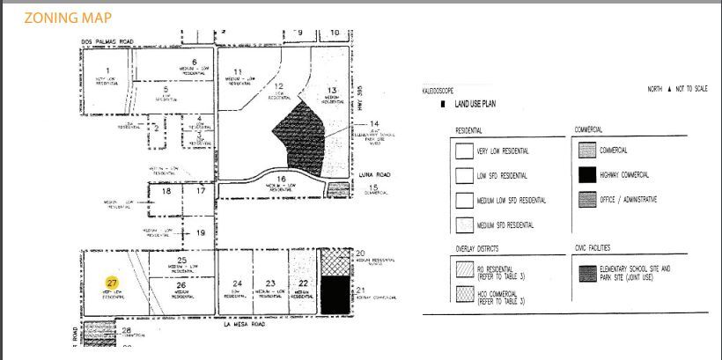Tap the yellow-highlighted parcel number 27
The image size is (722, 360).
coord(113,283)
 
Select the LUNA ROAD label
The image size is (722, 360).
coord(373,175)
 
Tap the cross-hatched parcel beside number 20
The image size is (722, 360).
coord(335,262)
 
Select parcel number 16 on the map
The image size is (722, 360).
coord(282,179)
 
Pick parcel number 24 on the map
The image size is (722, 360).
coord(237,283)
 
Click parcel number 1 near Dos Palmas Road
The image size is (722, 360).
coord(108,70)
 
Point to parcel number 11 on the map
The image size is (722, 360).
coord(237,71)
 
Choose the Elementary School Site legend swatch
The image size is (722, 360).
coord(587,271)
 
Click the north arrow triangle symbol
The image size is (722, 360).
coord(669,90)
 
